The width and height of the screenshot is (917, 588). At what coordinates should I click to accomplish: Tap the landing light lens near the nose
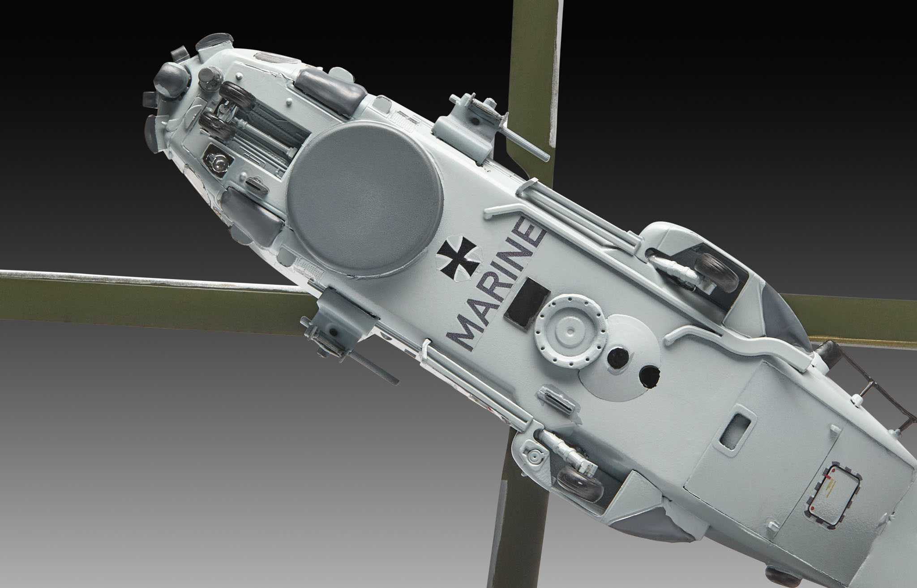click(217, 159)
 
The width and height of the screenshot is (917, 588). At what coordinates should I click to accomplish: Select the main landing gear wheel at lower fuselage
click(581, 483)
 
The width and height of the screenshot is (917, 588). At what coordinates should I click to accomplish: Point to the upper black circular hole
click(618, 356)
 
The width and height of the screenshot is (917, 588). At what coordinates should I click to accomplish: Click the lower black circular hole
click(650, 376)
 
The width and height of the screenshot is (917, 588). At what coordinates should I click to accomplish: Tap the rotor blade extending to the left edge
click(134, 296)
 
